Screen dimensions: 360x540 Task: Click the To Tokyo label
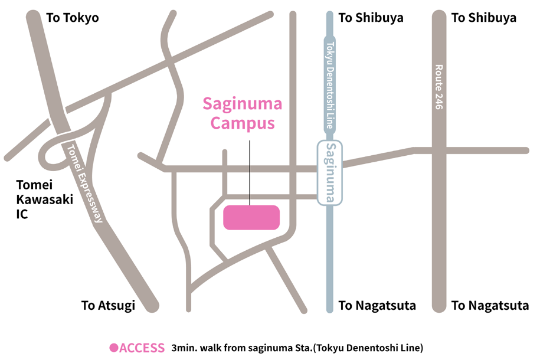(x=72, y=18)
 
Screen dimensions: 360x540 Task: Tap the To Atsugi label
(x=108, y=305)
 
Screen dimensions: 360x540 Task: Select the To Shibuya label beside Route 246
(x=483, y=18)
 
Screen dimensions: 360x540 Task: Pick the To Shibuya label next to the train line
(x=371, y=18)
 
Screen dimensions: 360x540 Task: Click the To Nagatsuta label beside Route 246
(x=490, y=305)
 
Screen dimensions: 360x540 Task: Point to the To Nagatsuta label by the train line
(x=377, y=305)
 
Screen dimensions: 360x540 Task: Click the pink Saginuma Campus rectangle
(x=251, y=217)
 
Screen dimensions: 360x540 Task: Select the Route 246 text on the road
(x=438, y=87)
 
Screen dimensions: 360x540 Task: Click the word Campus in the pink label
(x=243, y=123)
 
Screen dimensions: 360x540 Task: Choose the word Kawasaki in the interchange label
(x=45, y=199)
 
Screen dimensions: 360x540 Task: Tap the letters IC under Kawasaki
(x=22, y=214)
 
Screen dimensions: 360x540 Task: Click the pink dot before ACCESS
(x=114, y=348)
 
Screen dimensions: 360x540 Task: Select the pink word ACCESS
(x=142, y=348)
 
